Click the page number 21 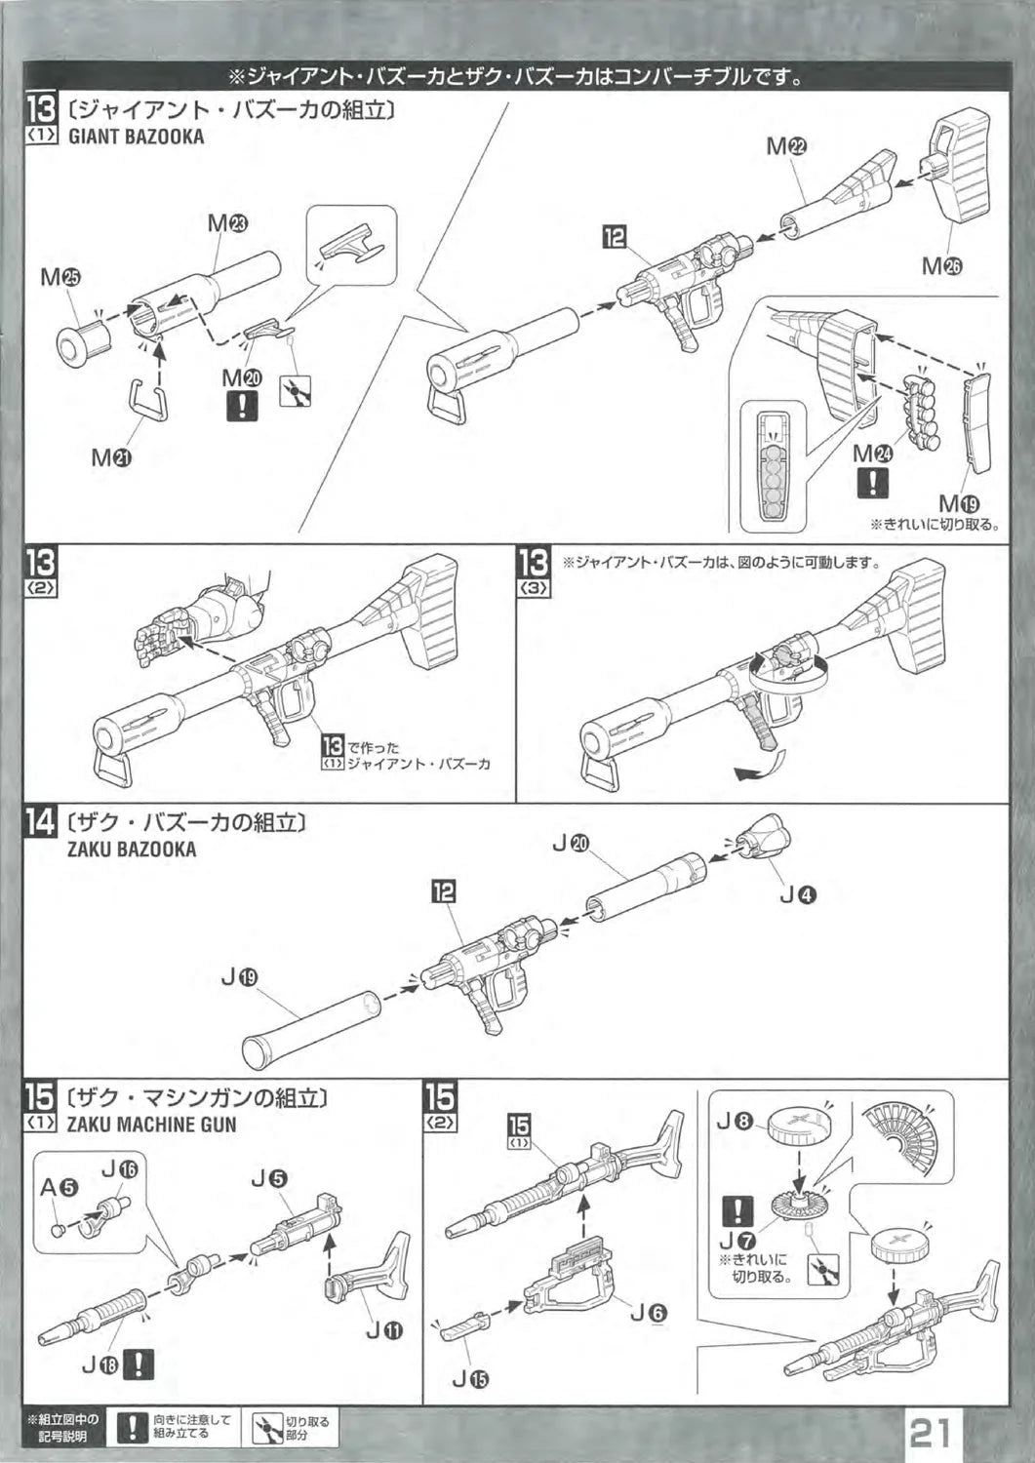pyautogui.click(x=932, y=1433)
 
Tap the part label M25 pyautogui.click(x=60, y=277)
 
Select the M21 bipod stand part pyautogui.click(x=149, y=399)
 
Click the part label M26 pyautogui.click(x=941, y=266)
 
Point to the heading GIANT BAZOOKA pyautogui.click(x=136, y=137)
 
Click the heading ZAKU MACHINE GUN pyautogui.click(x=151, y=1124)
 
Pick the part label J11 pyautogui.click(x=380, y=1328)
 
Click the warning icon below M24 pyautogui.click(x=871, y=482)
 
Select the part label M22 pyautogui.click(x=786, y=146)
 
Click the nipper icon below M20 pyautogui.click(x=294, y=391)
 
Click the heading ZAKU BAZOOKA pyautogui.click(x=132, y=849)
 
